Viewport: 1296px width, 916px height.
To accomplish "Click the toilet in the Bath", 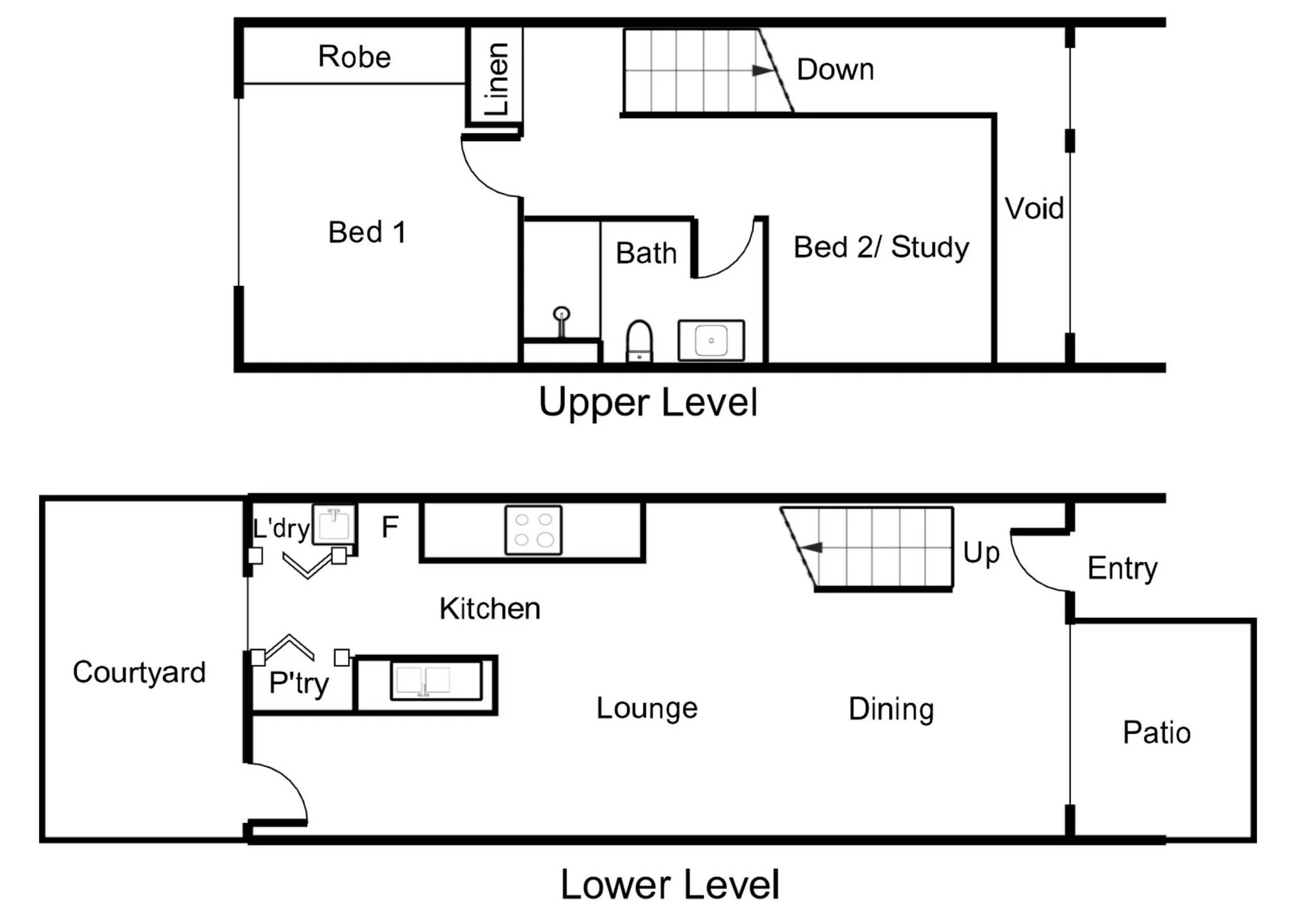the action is pos(639,341).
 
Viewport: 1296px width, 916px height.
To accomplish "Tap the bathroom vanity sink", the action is pos(711,340).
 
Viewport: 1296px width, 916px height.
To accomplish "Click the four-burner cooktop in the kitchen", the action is pos(533,529).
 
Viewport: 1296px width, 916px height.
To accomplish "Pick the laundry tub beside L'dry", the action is pos(334,525).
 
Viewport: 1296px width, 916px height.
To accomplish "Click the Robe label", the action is pos(354,57).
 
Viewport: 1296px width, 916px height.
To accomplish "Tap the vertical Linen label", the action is pos(497,79).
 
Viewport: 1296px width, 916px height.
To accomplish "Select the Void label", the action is pos(1034,208).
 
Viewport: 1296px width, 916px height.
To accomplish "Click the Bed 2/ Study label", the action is pos(881,248).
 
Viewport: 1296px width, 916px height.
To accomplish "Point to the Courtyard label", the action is pos(139,672).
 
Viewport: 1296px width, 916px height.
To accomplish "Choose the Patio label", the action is pos(1156,733).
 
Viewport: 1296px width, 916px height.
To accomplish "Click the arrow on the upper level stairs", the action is pos(763,70).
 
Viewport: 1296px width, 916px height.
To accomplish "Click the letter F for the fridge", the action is pos(390,527).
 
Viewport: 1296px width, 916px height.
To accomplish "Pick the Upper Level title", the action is pos(648,402).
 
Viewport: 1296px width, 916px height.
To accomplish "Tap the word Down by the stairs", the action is pos(835,69).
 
